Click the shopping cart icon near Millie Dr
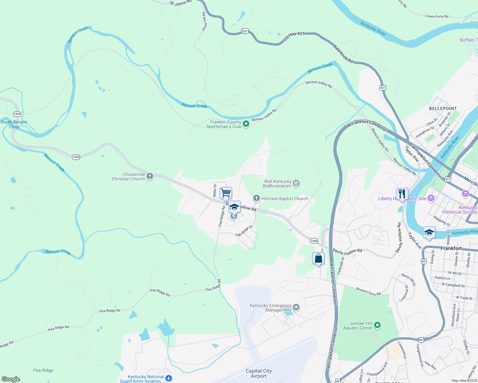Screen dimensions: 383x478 point(226,193)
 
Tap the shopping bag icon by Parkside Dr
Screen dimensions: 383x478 point(318,258)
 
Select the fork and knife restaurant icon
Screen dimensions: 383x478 point(402,194)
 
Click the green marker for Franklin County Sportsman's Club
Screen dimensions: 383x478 point(246,124)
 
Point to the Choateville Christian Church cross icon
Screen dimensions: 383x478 point(150,176)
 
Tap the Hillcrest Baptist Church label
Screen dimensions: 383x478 point(285,199)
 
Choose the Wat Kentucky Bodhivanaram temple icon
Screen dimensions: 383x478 point(296,183)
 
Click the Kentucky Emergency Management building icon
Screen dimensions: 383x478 point(296,307)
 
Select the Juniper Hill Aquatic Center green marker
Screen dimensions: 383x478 point(377,325)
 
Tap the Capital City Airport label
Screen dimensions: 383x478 point(258,373)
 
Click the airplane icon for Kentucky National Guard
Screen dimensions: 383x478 point(169,379)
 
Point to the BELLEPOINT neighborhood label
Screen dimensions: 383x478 point(443,109)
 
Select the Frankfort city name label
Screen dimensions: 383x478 point(451,248)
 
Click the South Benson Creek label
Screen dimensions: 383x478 point(14,124)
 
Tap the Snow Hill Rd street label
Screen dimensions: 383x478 point(204,21)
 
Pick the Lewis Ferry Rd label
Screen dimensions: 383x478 point(437,16)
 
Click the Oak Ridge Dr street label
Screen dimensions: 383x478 point(244,231)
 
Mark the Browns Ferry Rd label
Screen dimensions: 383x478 point(368,292)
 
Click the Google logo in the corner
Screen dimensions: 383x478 point(11,379)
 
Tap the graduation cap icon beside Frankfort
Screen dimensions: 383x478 point(429,232)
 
